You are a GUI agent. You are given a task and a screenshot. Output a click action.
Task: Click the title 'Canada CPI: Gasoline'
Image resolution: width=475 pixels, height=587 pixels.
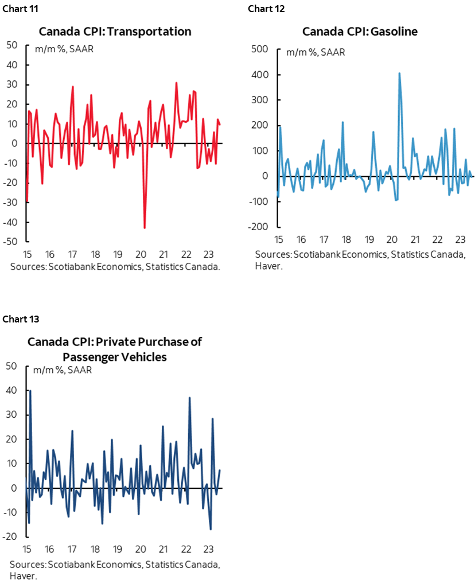tap(360, 31)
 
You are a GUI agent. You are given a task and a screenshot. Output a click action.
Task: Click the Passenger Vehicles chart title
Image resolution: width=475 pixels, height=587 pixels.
tap(115, 349)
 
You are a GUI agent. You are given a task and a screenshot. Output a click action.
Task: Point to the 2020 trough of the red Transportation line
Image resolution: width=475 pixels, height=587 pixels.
tap(144, 228)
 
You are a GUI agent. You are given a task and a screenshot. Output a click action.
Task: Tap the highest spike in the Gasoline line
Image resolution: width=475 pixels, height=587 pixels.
tap(399, 73)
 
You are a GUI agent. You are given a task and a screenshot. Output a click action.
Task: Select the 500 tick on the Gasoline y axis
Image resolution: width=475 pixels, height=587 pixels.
tap(260, 49)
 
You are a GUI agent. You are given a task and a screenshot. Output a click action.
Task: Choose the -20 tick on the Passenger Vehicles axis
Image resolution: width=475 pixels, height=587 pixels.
tap(12, 537)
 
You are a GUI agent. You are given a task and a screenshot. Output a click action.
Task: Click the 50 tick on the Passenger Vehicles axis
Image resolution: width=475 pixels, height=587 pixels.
tap(13, 366)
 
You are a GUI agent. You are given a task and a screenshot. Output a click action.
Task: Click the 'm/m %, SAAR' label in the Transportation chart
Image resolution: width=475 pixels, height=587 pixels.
tap(64, 48)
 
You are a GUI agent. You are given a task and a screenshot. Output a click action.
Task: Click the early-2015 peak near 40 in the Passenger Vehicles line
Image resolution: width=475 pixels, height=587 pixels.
tap(30, 391)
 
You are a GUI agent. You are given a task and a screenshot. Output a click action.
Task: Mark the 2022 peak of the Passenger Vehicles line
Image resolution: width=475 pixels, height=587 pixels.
tap(189, 397)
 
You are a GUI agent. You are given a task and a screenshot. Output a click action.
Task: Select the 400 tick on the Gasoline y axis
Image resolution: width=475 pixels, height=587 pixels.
tap(260, 75)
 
